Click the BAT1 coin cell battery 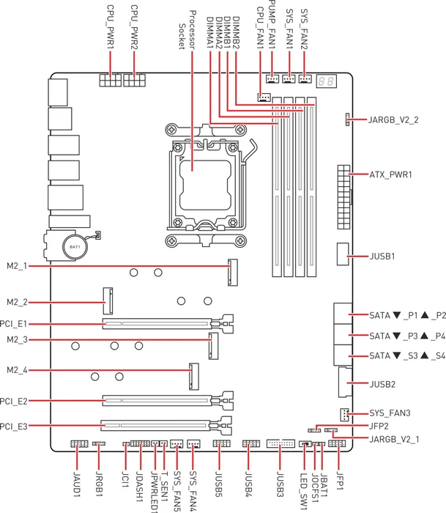coord(75,247)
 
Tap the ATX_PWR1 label coord(390,174)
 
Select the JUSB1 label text coord(382,256)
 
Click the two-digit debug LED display coord(327,81)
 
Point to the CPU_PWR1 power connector coord(111,80)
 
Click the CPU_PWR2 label coord(134,27)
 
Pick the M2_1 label coord(17,266)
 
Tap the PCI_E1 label coord(13,324)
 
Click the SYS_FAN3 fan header coord(344,415)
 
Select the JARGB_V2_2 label coord(393,120)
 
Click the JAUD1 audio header coord(79,444)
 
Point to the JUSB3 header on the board coord(280,443)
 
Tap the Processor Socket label coord(187,30)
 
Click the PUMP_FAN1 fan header coord(272,79)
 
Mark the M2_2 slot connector coord(108,300)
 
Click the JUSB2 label coord(382,384)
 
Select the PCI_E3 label coord(13,427)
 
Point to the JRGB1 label coord(100,483)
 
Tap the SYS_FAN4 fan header coord(193,443)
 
